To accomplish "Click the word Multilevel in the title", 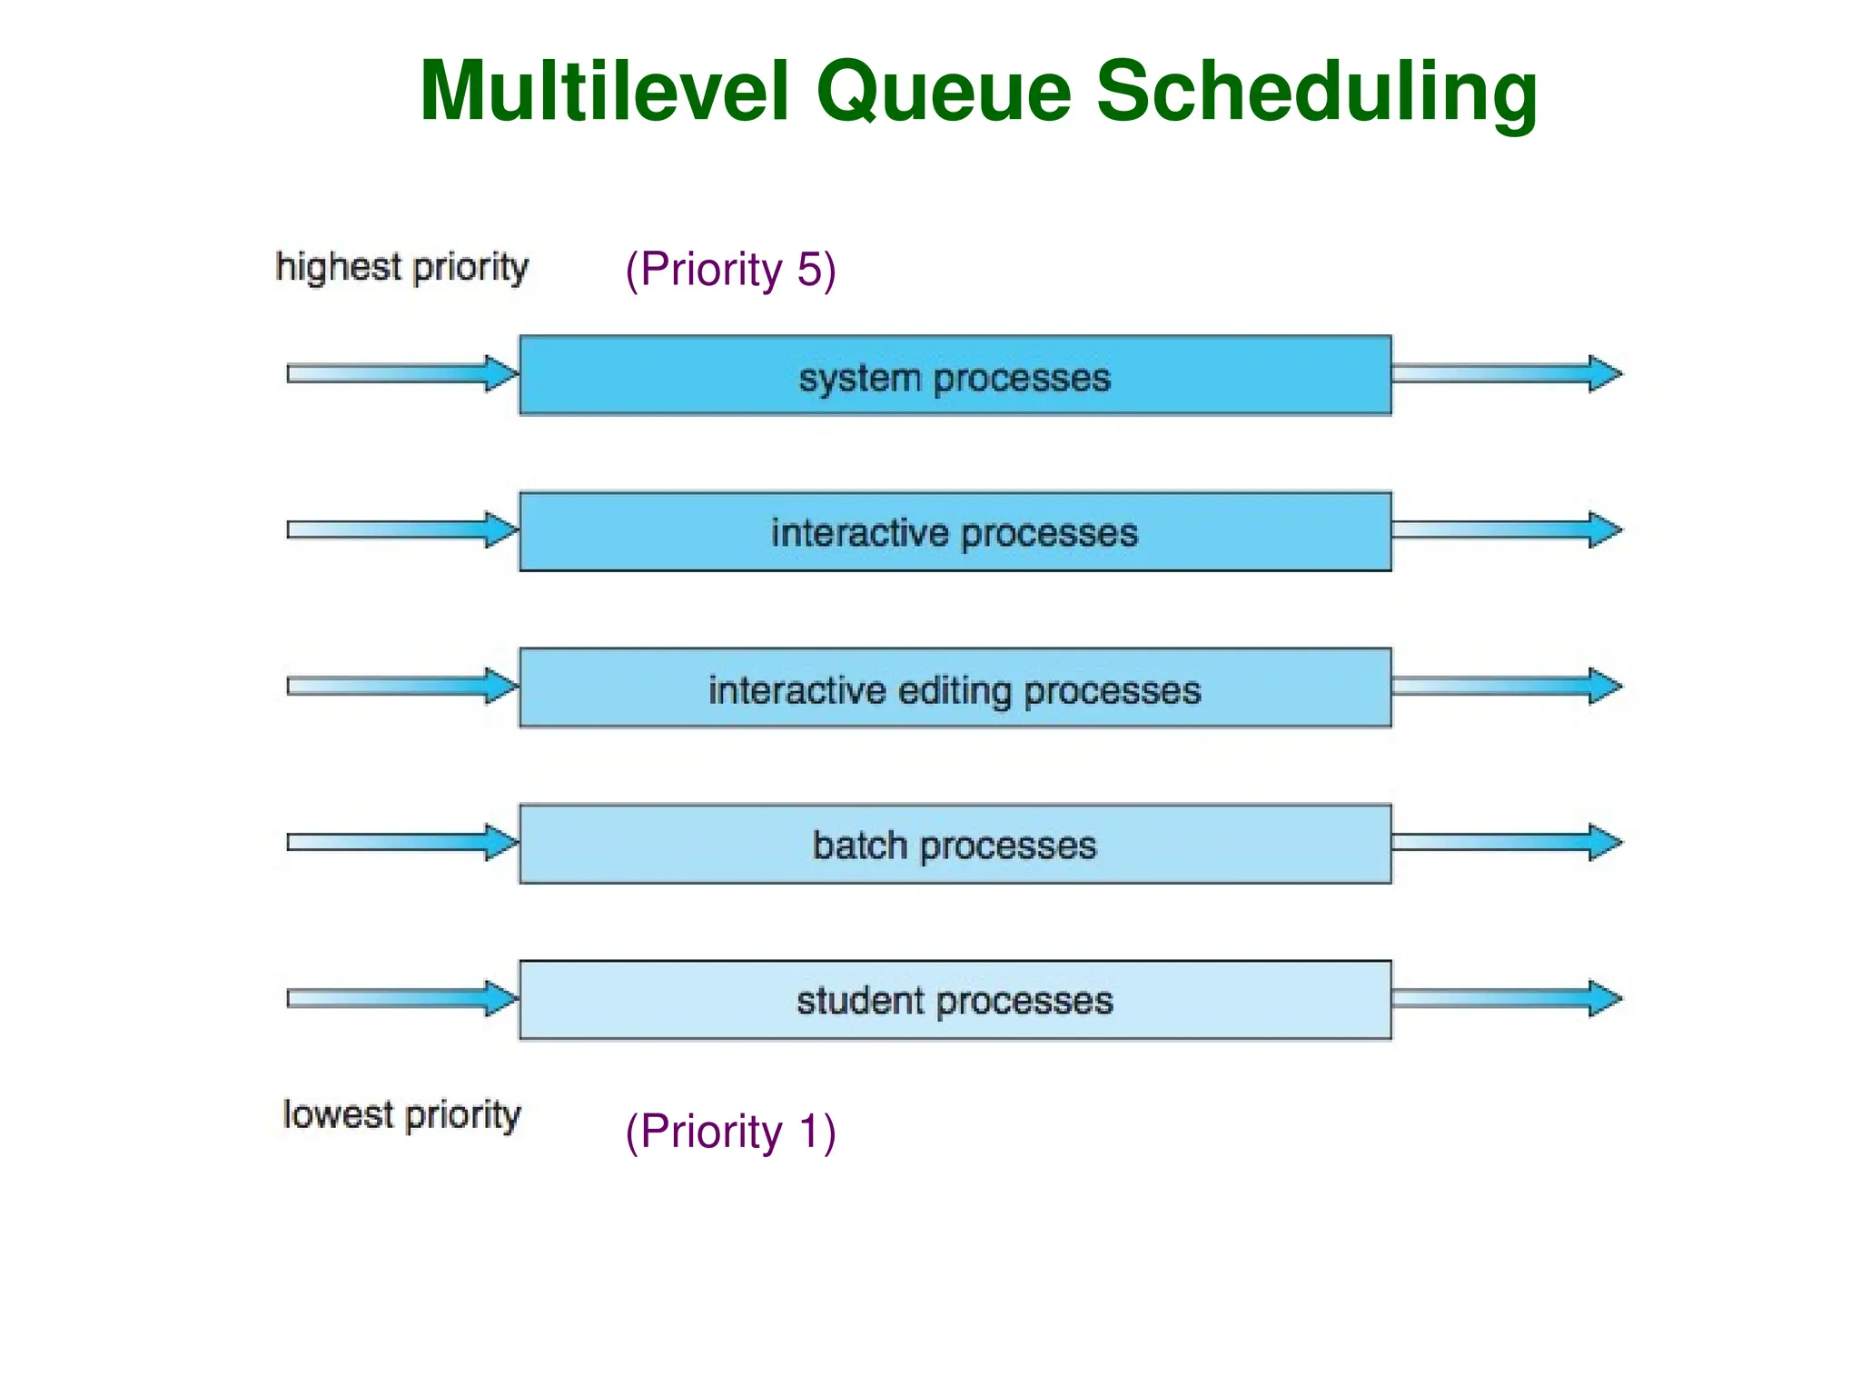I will click(x=604, y=91).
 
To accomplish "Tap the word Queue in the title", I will click(x=945, y=93).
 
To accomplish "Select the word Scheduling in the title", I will click(x=1317, y=93).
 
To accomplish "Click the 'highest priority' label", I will click(x=402, y=268).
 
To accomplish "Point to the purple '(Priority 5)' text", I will click(x=730, y=270).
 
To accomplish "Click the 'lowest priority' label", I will click(x=402, y=1115).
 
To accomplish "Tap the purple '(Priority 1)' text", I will click(x=730, y=1133).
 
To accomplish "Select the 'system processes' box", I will click(x=955, y=376).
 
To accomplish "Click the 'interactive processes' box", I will click(x=955, y=532).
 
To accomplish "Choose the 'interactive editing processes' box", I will click(x=955, y=688).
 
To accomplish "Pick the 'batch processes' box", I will click(x=955, y=845).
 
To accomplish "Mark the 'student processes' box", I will click(x=955, y=1000).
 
